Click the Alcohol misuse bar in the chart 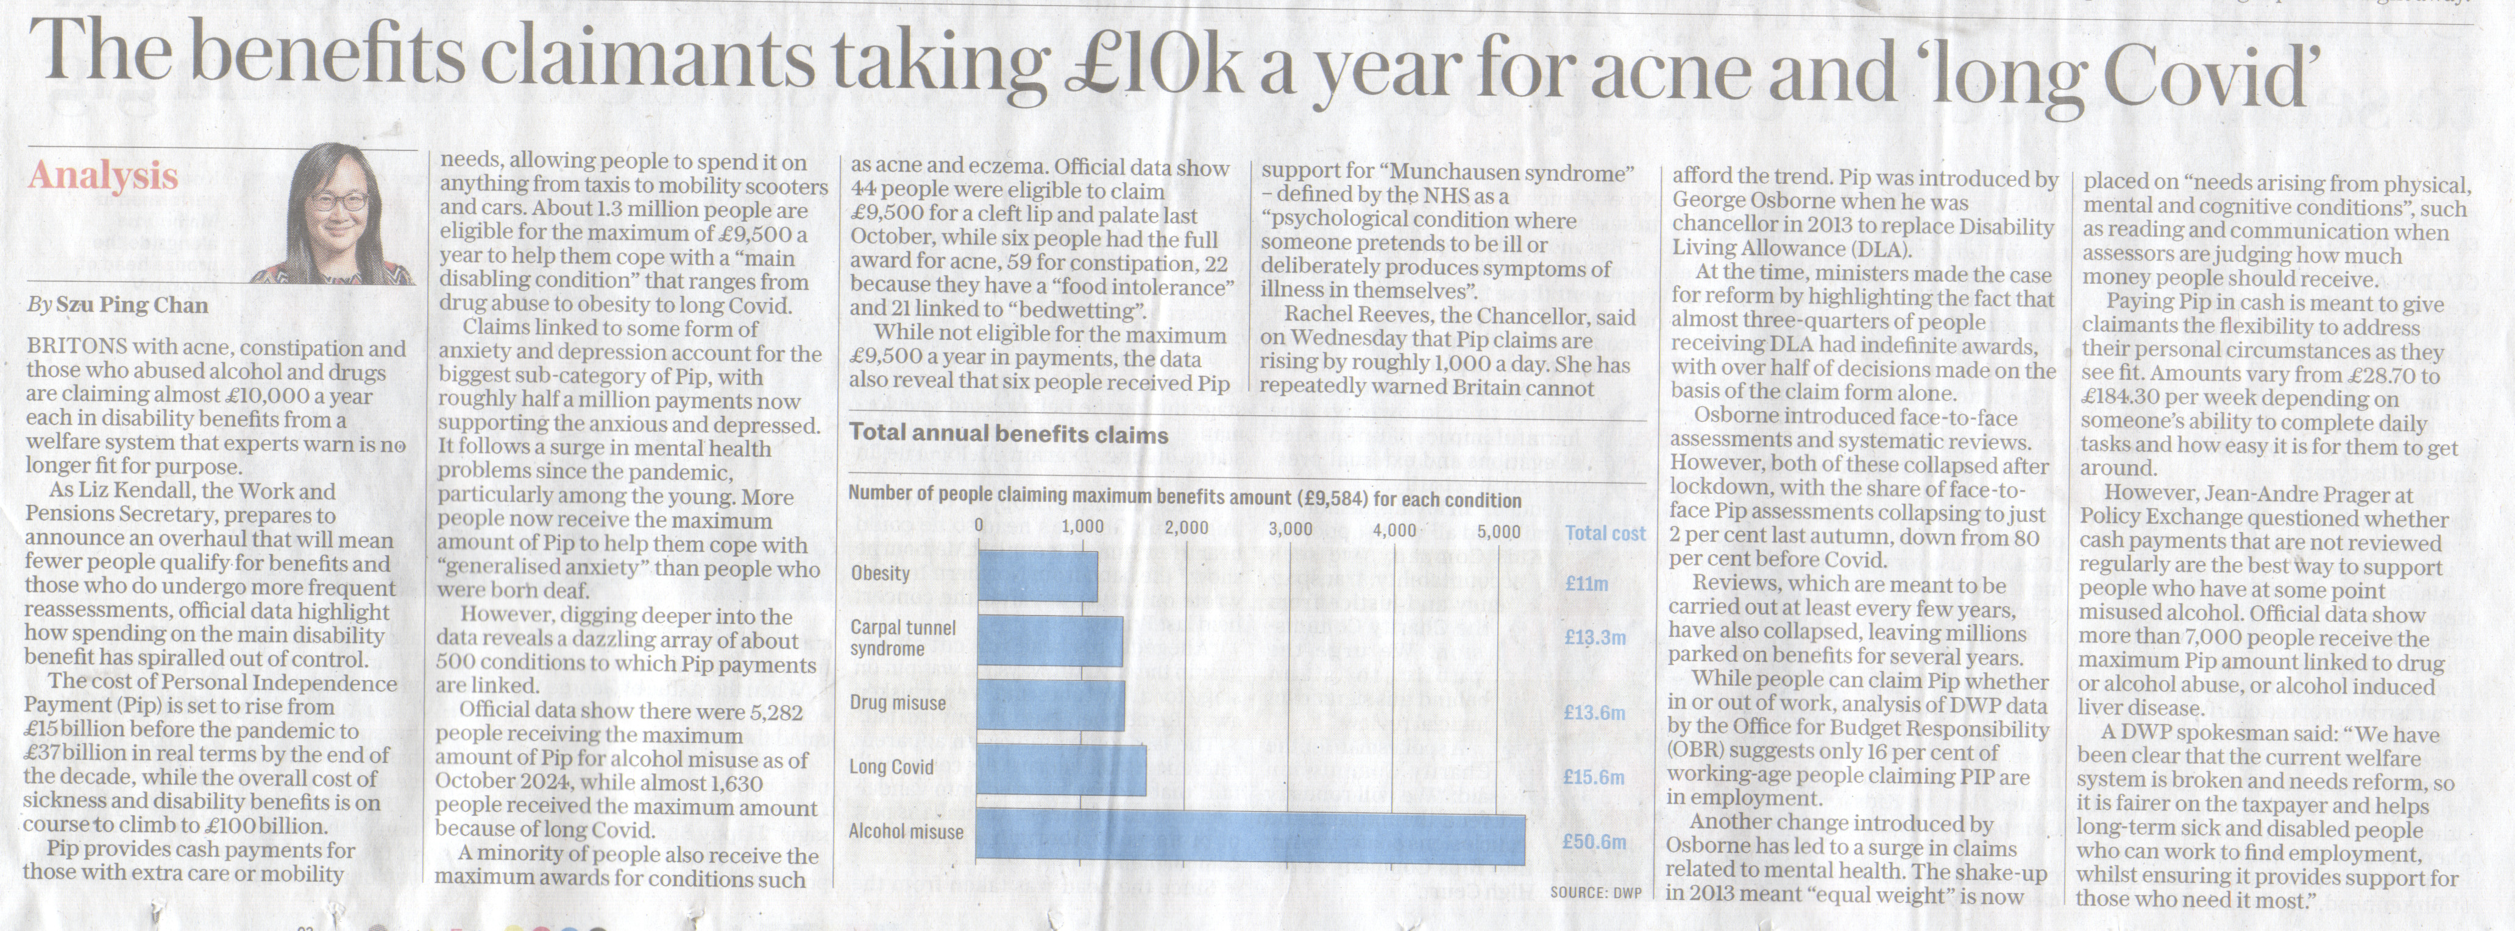[x=1250, y=838]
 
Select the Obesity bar [x=1037, y=576]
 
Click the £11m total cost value [x=1586, y=583]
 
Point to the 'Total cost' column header [x=1605, y=533]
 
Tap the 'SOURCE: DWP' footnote [x=1595, y=892]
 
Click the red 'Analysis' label [x=104, y=175]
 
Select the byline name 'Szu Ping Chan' [x=132, y=306]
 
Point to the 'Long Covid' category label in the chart [x=890, y=767]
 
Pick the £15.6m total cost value [x=1594, y=777]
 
